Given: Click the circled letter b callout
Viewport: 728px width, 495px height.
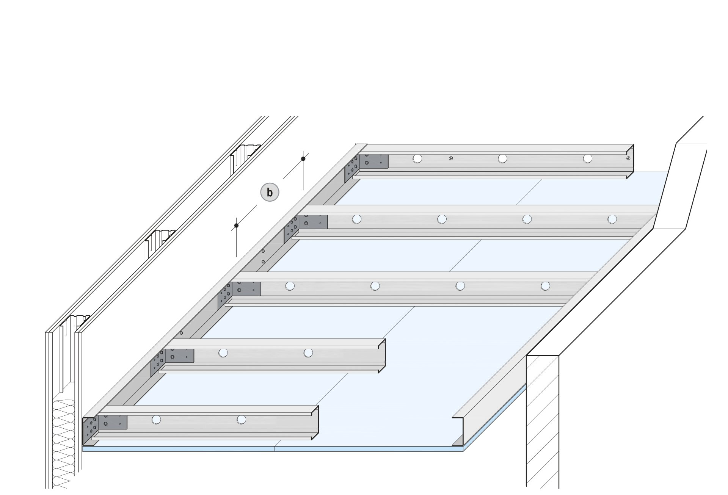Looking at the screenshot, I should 270,193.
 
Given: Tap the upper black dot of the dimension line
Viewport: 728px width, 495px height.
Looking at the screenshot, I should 303,158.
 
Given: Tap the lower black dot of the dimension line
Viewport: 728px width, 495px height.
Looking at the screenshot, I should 236,226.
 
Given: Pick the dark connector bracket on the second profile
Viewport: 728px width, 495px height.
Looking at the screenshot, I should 313,222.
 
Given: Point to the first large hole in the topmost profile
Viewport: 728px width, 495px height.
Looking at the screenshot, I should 417,158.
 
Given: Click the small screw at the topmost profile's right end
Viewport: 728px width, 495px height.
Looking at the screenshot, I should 628,158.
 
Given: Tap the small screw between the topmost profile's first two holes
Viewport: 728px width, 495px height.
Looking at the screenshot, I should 451,158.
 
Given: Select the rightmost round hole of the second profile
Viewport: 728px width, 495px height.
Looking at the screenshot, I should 612,219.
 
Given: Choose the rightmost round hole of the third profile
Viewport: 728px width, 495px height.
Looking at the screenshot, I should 545,286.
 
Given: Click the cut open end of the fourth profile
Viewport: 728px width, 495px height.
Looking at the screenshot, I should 382,353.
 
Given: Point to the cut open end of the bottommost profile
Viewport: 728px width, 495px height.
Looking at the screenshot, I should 315,423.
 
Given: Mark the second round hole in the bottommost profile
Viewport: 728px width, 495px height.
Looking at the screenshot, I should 241,420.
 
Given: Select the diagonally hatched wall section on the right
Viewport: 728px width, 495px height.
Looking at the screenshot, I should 542,421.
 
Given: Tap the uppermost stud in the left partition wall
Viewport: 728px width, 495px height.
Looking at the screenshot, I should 245,155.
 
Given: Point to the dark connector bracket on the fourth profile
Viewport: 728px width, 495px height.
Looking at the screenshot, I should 179,356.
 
